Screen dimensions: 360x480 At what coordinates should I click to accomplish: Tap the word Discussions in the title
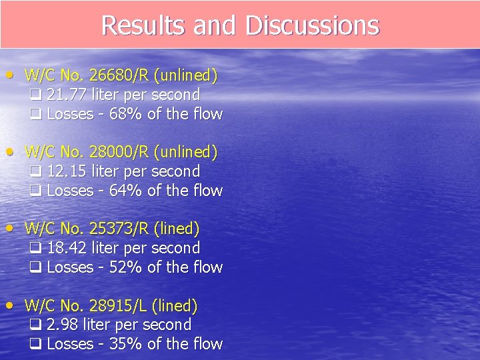(x=312, y=25)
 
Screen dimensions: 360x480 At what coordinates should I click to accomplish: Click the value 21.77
(x=67, y=95)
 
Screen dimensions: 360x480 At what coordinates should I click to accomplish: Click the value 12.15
(x=67, y=171)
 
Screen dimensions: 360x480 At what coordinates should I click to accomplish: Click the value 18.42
(x=67, y=248)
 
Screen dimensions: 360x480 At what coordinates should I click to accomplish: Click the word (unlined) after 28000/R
(x=185, y=153)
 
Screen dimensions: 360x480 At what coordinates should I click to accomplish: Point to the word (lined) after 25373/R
(x=177, y=229)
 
